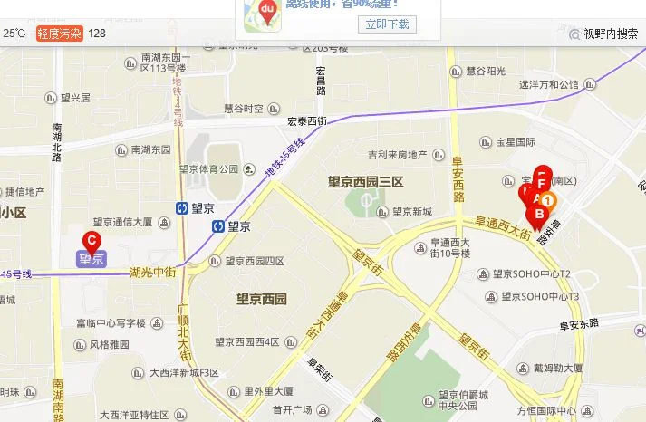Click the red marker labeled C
click(91, 240)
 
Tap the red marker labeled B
click(538, 216)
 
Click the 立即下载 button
click(387, 24)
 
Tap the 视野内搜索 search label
click(610, 34)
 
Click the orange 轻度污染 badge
click(59, 34)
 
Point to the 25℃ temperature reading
click(14, 34)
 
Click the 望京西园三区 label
click(364, 183)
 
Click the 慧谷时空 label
click(244, 109)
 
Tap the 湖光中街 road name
click(152, 271)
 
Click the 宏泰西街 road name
click(306, 121)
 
